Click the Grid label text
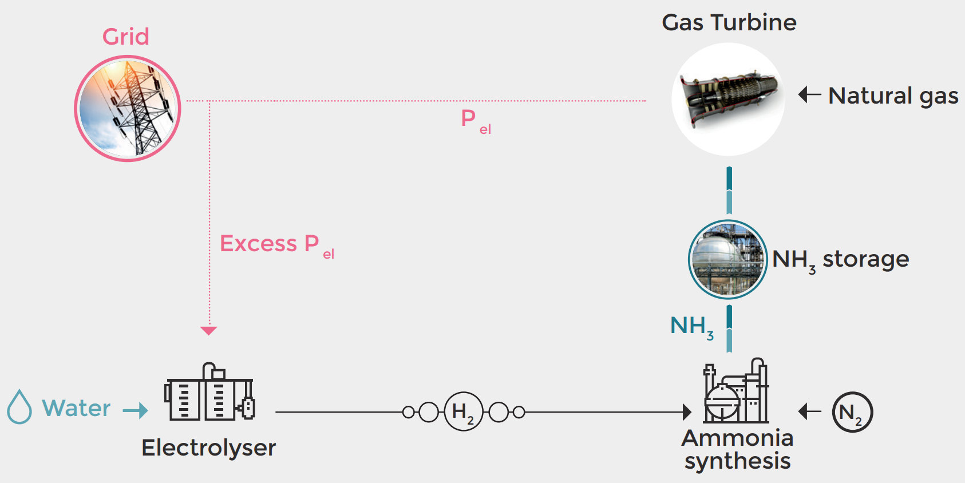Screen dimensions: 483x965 pos(126,37)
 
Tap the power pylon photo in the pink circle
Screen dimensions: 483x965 pos(128,109)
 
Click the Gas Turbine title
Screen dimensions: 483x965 pos(729,23)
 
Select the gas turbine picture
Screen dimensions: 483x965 pos(728,99)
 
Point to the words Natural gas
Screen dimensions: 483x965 pos(893,96)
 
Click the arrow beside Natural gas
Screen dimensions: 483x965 pos(809,94)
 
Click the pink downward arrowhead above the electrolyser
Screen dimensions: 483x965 pos(209,330)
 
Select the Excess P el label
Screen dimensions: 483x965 pos(277,245)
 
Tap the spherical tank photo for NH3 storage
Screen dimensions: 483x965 pos(727,259)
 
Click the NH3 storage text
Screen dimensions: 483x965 pos(840,260)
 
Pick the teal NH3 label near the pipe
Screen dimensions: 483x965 pos(691,327)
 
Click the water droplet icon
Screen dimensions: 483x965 pos(19,407)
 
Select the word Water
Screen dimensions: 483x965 pos(76,408)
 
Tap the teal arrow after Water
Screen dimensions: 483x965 pos(136,410)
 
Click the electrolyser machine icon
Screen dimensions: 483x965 pos(209,393)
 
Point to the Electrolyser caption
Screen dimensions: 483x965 pos(208,448)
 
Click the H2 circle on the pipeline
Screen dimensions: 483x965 pos(463,411)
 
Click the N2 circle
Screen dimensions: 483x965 pos(852,412)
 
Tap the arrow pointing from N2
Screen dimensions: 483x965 pos(809,411)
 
